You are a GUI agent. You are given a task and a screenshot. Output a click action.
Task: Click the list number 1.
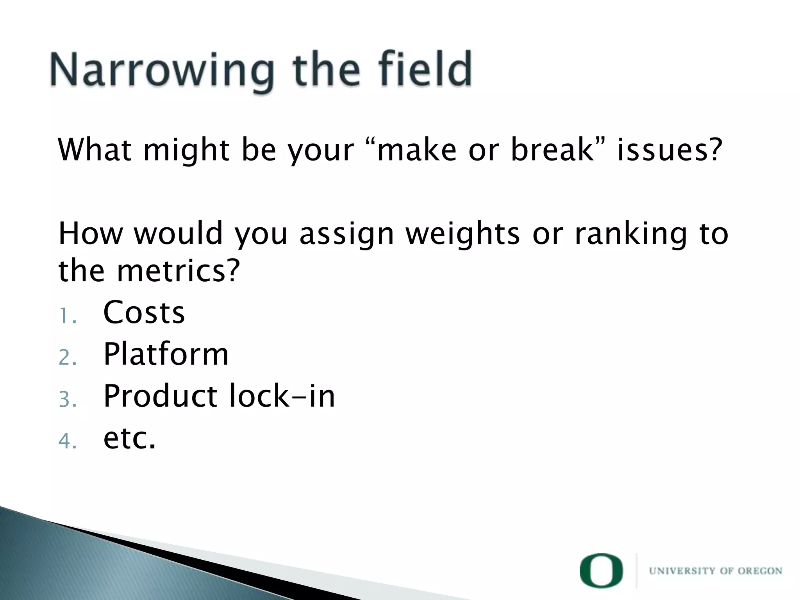[67, 316]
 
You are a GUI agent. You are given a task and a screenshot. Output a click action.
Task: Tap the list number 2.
[67, 358]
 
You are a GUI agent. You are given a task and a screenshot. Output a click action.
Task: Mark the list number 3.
[67, 400]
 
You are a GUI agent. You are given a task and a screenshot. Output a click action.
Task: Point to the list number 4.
[67, 442]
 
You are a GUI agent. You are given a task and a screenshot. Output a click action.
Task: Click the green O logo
[601, 570]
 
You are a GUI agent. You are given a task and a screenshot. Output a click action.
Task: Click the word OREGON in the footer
[760, 571]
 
